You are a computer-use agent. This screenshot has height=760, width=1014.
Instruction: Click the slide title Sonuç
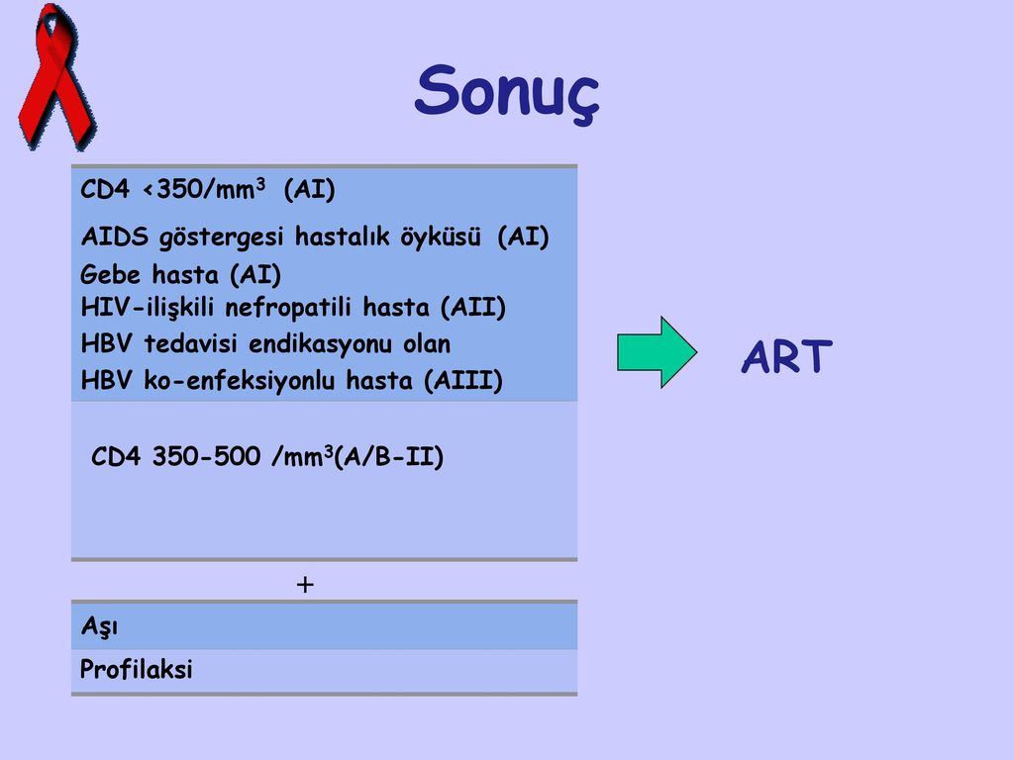507,92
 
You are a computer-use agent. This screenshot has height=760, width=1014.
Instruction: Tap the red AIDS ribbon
55,77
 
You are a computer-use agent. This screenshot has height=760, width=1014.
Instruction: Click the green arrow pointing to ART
658,352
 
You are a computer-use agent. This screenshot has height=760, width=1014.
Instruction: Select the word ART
786,356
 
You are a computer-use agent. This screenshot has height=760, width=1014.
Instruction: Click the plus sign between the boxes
305,585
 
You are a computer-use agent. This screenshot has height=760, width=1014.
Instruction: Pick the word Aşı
99,626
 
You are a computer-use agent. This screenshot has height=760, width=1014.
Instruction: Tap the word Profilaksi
137,669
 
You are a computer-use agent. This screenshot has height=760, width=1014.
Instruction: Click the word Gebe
110,275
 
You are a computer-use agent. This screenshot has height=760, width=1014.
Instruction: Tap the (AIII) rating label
463,380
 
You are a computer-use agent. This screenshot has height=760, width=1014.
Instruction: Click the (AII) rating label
472,307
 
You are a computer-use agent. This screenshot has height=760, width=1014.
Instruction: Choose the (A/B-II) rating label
388,457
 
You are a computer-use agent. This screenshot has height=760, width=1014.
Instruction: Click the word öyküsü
441,237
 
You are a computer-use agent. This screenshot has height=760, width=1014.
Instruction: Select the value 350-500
206,456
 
